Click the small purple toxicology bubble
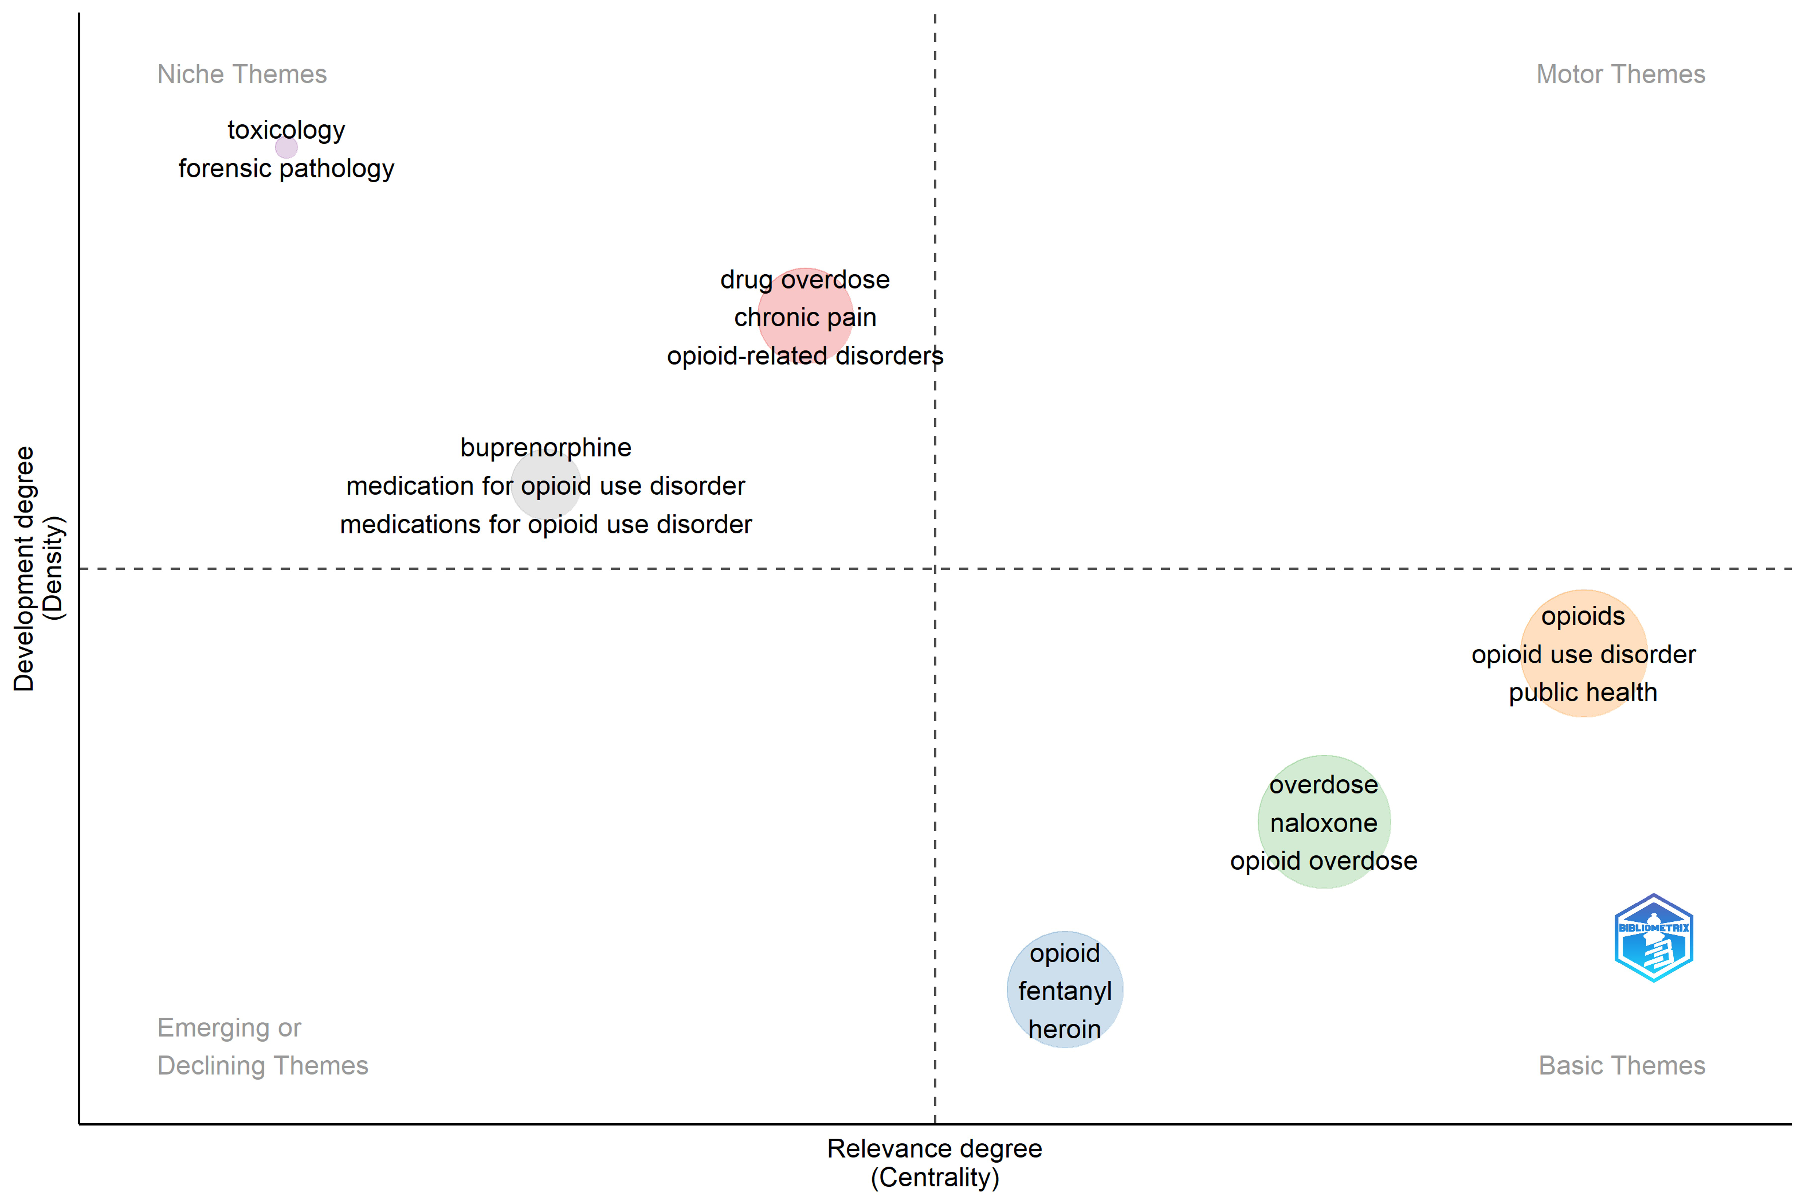[286, 147]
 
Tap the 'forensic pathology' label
[286, 168]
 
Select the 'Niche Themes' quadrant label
[242, 74]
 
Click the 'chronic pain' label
[805, 317]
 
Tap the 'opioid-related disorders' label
[805, 356]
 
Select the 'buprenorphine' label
[546, 448]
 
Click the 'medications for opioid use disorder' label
[546, 524]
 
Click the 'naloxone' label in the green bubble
[1324, 823]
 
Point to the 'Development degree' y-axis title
[24, 568]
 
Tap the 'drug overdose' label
[805, 280]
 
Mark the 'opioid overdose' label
[1324, 861]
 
